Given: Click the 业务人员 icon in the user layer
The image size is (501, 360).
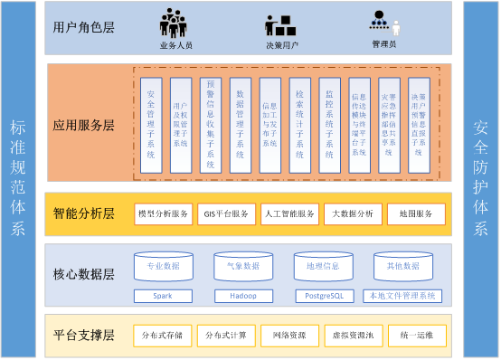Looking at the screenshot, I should [x=175, y=22].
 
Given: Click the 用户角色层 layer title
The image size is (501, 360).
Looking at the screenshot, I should [x=84, y=26].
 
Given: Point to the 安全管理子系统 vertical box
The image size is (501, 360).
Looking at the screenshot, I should [x=150, y=125].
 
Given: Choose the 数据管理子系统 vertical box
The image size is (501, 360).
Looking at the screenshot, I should [x=240, y=125].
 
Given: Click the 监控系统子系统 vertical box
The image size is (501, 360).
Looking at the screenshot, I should [x=329, y=125].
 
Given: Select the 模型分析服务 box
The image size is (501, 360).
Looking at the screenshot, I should [x=163, y=214].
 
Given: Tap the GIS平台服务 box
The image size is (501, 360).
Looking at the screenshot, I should [x=226, y=214].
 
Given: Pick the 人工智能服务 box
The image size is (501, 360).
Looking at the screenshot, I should [x=289, y=214].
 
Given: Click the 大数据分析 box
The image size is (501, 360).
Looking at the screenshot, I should [x=353, y=214].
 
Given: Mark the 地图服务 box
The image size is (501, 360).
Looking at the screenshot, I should [x=416, y=214].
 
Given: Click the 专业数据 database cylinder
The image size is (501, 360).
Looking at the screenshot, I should [x=164, y=266].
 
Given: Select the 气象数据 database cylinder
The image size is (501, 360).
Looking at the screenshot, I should [x=243, y=266].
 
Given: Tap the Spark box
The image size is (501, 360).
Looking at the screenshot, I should [x=164, y=296].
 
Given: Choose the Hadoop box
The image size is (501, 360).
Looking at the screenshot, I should [x=243, y=296].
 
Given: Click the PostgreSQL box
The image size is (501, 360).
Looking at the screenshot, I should [x=323, y=296].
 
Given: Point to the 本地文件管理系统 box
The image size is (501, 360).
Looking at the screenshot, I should [x=402, y=296].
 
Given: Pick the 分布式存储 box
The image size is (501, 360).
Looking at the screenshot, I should [x=163, y=336].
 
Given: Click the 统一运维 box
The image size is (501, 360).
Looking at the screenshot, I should [x=416, y=336].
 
